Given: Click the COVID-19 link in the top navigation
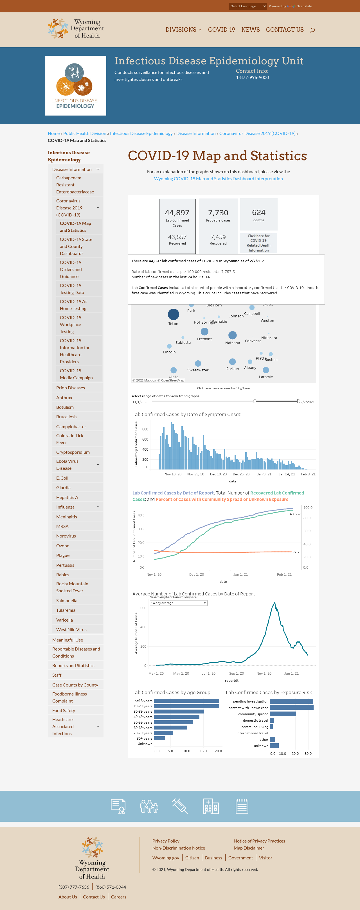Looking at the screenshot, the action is click(x=222, y=30).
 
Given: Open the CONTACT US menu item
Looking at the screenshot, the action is click(x=285, y=30).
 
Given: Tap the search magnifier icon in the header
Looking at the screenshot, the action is click(x=312, y=30).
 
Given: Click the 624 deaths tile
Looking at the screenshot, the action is click(x=258, y=214).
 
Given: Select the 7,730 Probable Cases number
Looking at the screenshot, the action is click(x=218, y=213).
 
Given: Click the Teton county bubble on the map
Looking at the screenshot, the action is click(x=173, y=314).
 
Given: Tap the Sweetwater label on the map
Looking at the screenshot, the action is click(x=198, y=370).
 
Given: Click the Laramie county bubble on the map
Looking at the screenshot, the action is click(x=266, y=370).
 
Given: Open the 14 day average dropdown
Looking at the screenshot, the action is click(x=178, y=603).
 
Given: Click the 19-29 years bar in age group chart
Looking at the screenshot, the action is click(x=186, y=706).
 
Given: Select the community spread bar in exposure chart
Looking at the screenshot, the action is click(x=283, y=714).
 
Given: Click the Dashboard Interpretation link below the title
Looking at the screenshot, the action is click(x=218, y=179).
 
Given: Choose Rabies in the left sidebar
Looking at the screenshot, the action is click(x=62, y=575).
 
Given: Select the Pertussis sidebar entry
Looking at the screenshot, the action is click(x=65, y=565).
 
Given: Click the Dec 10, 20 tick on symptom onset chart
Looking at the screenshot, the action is click(x=218, y=474).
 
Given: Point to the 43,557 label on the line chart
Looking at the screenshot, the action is click(x=295, y=514).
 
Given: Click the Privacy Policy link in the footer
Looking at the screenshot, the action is click(x=166, y=841).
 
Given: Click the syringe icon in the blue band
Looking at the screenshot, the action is click(x=180, y=806).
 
